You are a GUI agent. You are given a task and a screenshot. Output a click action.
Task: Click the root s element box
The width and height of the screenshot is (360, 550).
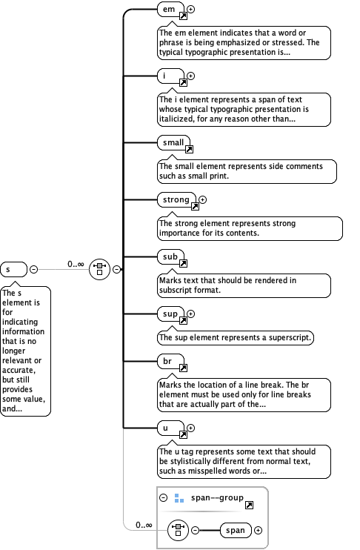13,268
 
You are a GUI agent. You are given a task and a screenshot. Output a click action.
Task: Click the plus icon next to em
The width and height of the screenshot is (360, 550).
191,10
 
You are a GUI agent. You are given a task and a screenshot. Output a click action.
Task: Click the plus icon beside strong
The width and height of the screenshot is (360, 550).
203,199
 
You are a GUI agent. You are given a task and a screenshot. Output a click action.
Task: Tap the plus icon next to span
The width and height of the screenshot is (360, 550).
259,530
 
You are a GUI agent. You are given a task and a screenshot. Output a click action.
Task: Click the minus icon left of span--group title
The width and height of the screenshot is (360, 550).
164,498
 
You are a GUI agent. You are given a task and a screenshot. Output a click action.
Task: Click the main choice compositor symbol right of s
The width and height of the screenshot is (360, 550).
100,268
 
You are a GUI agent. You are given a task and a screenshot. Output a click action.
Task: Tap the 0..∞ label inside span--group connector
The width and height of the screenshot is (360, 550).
144,526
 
